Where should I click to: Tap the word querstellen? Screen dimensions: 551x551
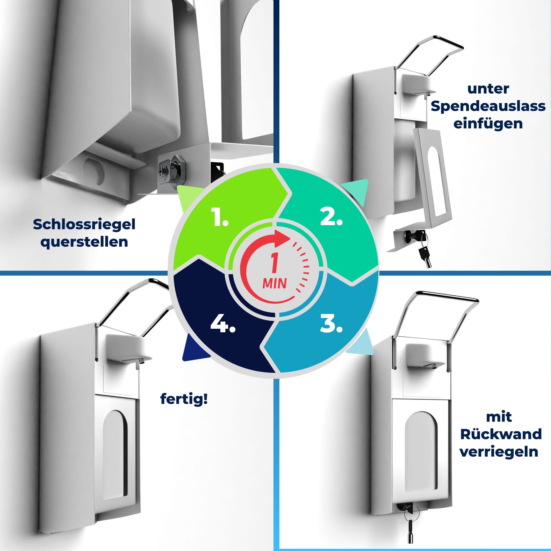click(x=84, y=242)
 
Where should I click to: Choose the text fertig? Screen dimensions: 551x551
click(x=184, y=399)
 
